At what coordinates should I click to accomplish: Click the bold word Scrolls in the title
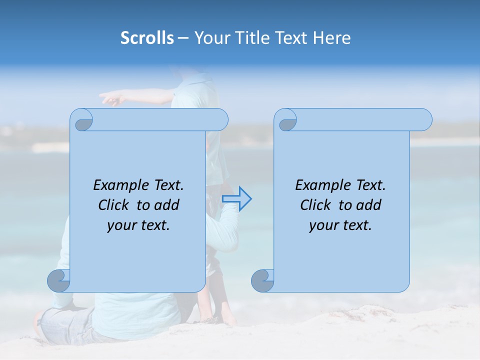[147, 38]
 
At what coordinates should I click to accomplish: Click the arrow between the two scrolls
[236, 198]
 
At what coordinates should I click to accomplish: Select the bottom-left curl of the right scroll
[263, 280]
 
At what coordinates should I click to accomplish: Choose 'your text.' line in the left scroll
[138, 225]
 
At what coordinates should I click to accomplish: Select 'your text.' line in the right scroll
[340, 225]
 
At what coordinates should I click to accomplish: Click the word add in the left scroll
[167, 205]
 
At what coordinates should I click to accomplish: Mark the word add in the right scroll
[369, 205]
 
